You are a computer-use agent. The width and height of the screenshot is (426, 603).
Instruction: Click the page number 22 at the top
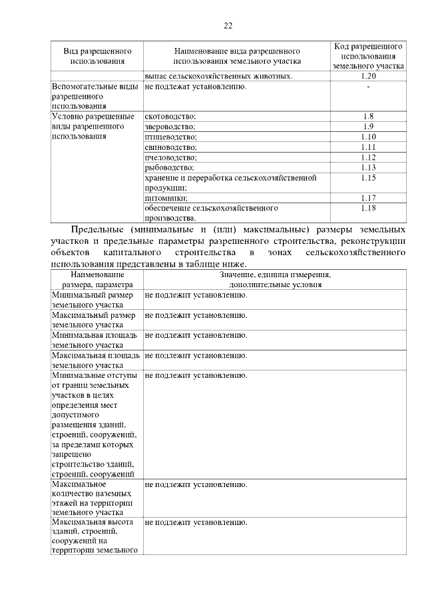228,25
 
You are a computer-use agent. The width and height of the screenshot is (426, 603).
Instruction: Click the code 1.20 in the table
368,77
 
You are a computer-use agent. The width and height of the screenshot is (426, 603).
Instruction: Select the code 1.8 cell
368,117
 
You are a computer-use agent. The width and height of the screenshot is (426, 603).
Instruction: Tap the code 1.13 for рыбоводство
368,168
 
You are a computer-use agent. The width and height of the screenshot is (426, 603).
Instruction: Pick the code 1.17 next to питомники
368,198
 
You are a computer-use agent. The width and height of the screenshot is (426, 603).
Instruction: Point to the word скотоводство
170,117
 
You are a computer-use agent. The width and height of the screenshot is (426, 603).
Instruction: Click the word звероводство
170,127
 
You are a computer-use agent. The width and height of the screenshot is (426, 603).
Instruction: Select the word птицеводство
170,137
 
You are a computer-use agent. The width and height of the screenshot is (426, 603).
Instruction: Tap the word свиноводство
170,147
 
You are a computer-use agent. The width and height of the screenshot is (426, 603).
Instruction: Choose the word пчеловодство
170,158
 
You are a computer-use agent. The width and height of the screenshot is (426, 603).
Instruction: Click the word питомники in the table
166,198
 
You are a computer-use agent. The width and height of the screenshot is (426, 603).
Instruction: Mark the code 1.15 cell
368,178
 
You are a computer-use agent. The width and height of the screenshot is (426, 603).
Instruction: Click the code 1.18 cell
368,208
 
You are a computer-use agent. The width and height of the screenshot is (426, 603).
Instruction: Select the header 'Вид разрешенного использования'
97,56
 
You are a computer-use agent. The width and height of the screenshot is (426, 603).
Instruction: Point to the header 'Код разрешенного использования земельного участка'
368,57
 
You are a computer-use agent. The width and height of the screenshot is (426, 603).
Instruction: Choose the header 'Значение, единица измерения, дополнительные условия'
275,279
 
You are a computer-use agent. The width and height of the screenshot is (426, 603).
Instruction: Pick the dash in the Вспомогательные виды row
368,87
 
